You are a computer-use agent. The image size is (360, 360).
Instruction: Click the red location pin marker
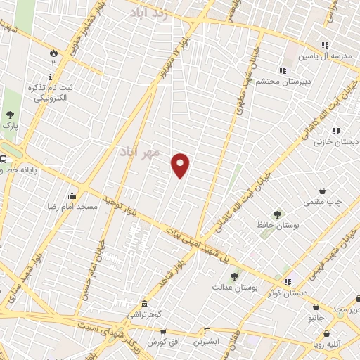point(181,165)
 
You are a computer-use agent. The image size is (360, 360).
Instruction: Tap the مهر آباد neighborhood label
point(140,151)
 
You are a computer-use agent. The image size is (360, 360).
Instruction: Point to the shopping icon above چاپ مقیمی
point(323,190)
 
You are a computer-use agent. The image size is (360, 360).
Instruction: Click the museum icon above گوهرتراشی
point(144,303)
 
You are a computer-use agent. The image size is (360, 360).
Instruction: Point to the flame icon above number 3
point(53,52)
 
